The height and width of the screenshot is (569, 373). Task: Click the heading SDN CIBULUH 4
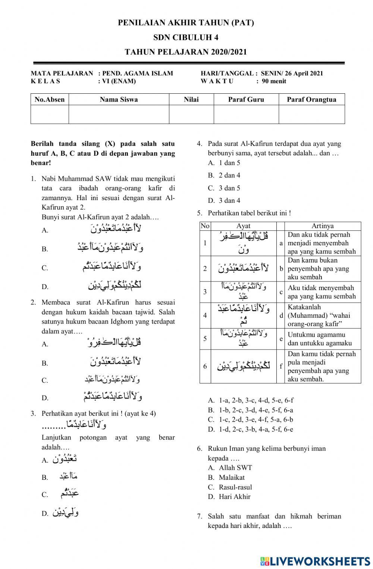[186, 37]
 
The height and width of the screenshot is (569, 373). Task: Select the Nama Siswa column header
[119, 99]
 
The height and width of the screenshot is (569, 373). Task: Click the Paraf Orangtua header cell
[311, 99]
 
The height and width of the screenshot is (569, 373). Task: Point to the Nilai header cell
[191, 99]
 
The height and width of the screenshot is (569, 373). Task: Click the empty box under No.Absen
[50, 114]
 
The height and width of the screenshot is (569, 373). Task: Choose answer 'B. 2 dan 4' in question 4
[224, 175]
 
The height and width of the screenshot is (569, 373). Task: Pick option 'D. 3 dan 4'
[224, 201]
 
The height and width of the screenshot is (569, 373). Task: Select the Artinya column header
[323, 226]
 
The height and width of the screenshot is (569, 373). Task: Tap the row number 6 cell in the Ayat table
[205, 366]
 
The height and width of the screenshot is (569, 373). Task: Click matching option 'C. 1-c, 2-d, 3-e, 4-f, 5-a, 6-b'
[251, 420]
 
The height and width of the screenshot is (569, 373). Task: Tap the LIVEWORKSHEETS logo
[315, 561]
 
